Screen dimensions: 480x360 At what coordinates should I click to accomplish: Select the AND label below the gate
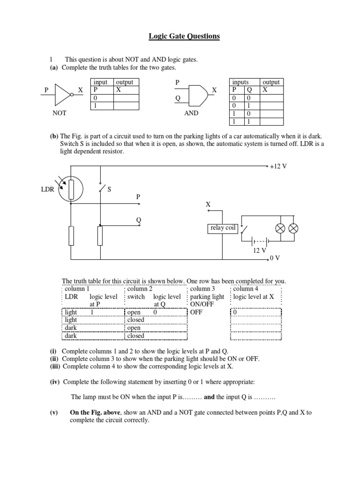191,113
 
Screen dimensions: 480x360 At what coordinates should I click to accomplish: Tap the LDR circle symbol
71,189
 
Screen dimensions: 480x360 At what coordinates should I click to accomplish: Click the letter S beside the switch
110,189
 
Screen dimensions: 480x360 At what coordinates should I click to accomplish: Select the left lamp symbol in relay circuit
280,228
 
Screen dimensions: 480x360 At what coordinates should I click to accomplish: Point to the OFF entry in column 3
196,313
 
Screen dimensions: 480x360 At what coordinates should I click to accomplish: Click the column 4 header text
247,289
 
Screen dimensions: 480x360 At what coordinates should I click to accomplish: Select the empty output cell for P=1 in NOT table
126,106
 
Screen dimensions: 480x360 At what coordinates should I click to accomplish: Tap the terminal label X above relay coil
208,205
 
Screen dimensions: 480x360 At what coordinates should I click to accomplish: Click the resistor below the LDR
71,235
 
